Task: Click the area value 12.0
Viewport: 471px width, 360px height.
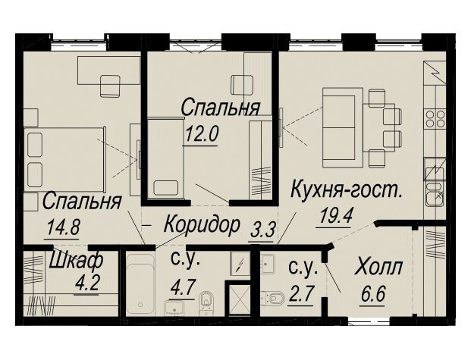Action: [201, 134]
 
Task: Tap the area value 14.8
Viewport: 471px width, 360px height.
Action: [63, 227]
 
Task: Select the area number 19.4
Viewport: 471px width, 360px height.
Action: [335, 215]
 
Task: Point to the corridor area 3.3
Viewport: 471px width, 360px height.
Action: [262, 230]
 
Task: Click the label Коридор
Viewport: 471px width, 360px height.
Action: [202, 225]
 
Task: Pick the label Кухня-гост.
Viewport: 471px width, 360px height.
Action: [347, 189]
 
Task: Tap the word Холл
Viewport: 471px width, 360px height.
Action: [378, 267]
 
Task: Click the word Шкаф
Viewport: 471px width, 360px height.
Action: [76, 260]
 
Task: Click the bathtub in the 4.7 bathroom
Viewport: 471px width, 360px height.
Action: [140, 284]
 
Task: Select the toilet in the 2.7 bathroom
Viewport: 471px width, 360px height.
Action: [273, 298]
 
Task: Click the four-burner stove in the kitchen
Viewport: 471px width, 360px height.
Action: [435, 119]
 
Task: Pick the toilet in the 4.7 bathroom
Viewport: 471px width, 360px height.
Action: [206, 302]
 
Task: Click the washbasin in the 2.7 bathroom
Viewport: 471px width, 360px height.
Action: [267, 263]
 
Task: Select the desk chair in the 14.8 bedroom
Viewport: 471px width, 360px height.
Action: [110, 86]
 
